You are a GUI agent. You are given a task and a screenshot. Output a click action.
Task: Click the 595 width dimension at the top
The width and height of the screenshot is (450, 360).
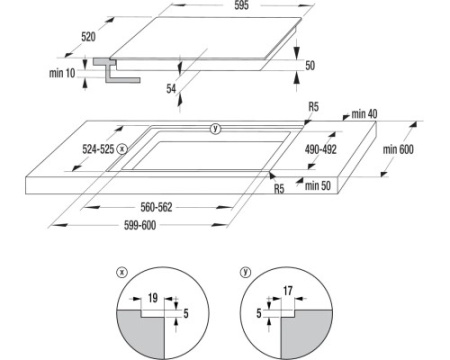coord(241,5)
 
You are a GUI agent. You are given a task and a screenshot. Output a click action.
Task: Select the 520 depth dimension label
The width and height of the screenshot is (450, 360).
coord(88,37)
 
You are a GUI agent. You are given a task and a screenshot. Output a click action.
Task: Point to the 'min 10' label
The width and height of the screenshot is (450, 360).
coord(62,73)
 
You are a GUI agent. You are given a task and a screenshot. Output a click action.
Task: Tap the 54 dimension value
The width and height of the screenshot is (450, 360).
coord(171,89)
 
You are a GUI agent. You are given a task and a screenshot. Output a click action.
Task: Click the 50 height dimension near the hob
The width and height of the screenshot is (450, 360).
coord(310,65)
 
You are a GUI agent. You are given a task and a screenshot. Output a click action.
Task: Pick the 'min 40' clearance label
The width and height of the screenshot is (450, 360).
coord(364,114)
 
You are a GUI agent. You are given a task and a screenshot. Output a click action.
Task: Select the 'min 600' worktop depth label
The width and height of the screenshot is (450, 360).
coord(398,149)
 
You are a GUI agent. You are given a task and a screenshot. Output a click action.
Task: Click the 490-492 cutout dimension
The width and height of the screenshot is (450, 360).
coord(321,149)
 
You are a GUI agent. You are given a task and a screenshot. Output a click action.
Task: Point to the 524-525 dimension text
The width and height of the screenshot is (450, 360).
coord(98,149)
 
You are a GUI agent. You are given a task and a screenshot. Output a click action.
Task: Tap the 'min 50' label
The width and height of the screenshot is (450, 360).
coord(318,186)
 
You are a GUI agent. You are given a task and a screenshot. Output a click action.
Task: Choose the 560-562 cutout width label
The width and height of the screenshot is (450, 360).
coord(156,207)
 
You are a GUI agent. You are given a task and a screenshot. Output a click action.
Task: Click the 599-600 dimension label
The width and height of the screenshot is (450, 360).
coord(140,225)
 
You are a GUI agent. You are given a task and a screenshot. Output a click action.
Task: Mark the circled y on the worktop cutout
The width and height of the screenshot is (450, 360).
coord(216,128)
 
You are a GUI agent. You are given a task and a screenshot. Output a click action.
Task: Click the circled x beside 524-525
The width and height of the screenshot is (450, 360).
coord(122,149)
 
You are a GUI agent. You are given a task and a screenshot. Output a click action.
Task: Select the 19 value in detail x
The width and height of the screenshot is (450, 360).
coord(153,298)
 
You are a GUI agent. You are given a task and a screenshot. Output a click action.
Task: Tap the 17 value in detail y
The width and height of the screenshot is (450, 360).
coord(288,291)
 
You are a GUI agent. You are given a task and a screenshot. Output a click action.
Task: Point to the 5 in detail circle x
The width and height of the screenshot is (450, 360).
coord(186,313)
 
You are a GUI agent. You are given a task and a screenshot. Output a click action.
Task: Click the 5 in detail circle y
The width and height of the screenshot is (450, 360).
coord(259,313)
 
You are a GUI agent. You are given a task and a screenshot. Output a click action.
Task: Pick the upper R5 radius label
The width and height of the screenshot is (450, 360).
coord(313,107)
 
